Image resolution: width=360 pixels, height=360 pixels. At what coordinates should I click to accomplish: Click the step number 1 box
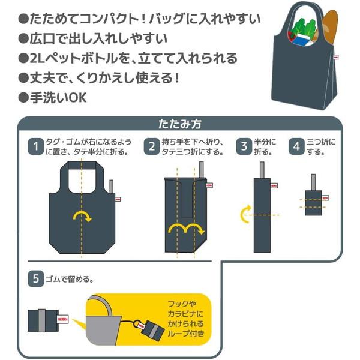pos(36,146)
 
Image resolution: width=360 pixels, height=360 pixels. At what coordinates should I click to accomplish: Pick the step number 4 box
pos(296,146)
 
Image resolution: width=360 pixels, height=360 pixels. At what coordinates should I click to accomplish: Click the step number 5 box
pos(36,278)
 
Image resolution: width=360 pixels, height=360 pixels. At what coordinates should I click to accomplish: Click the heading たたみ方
pos(179,124)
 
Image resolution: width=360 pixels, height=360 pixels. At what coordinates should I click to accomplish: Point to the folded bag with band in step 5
pos(49,319)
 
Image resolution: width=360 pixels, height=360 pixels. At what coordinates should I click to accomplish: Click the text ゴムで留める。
pos(73,278)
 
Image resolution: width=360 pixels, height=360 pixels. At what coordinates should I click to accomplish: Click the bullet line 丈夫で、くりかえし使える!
pos(108,77)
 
